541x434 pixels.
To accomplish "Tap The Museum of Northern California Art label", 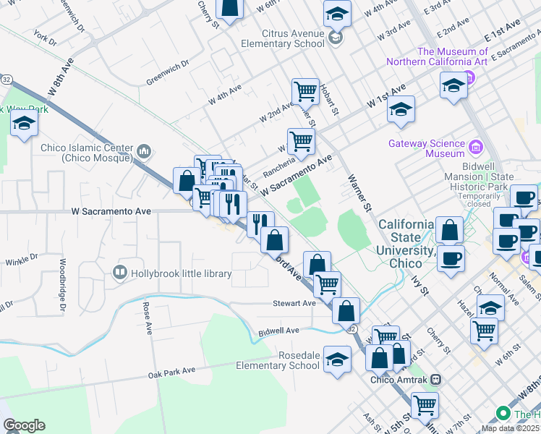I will pyautogui.click(x=452, y=56).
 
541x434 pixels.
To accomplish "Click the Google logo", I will pyautogui.click(x=24, y=425).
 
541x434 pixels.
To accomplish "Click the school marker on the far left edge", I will pyautogui.click(x=25, y=124).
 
